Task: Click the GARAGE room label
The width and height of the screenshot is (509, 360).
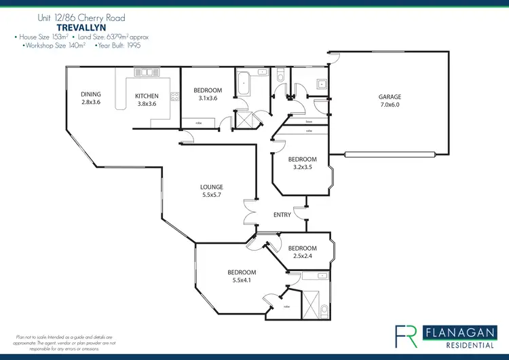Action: coord(390,97)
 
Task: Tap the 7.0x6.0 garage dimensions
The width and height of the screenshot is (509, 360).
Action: coord(390,105)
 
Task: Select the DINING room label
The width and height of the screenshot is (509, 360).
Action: coord(90,94)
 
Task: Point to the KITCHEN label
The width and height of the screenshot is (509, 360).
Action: coord(147,96)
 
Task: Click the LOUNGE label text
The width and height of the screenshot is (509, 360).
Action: coord(211,187)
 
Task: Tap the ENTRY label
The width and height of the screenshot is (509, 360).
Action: coord(282,215)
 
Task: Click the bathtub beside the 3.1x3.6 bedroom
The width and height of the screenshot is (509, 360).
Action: coord(244,85)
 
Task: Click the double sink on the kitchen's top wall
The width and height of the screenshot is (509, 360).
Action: coord(144,71)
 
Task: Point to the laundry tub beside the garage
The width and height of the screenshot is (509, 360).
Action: coord(321,84)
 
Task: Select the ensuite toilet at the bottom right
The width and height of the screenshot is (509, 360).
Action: coord(324,310)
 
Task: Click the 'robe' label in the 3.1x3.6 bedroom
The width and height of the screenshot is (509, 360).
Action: coord(199,123)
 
